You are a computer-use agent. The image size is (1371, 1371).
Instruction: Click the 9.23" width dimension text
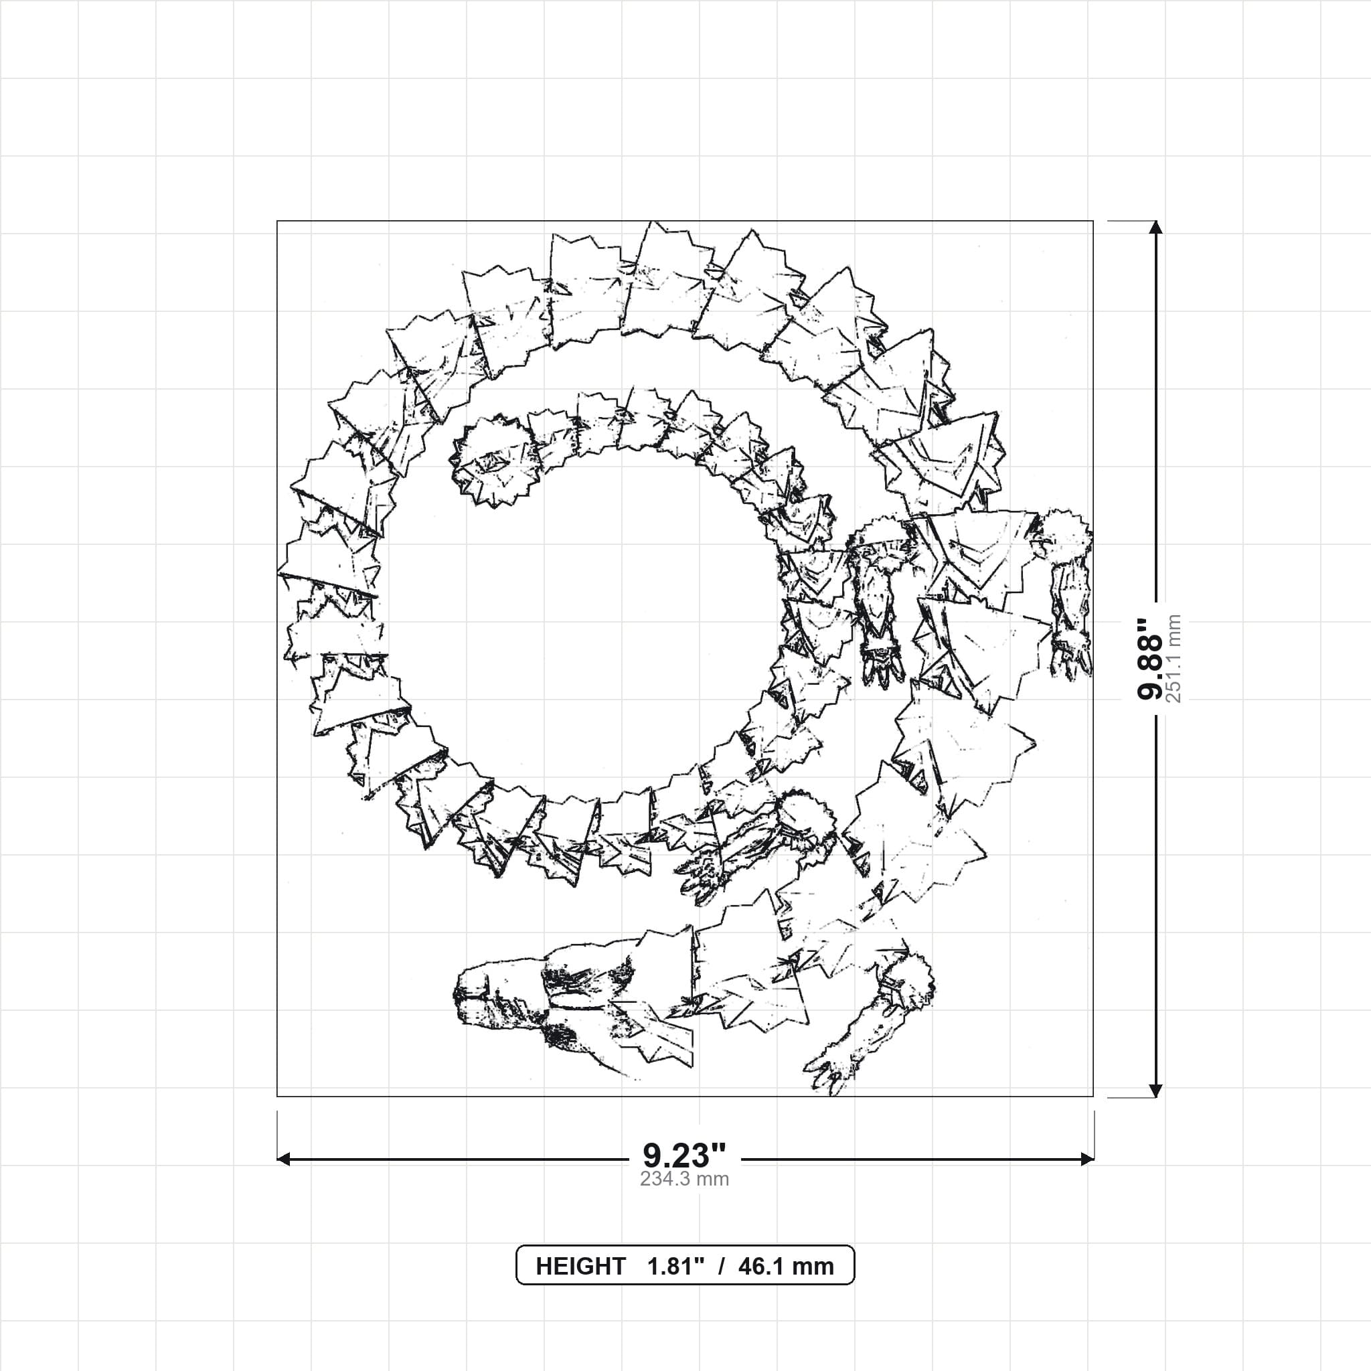[x=684, y=1156]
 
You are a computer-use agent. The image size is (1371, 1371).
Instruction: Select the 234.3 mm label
[x=684, y=1180]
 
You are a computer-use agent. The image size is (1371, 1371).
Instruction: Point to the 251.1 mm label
[x=1174, y=659]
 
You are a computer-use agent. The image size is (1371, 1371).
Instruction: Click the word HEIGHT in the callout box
[x=580, y=1266]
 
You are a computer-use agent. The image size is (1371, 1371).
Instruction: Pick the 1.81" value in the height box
[x=675, y=1266]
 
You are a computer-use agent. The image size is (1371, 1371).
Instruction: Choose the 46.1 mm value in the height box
[x=785, y=1266]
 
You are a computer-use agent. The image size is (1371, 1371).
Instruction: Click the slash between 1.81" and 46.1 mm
[x=721, y=1266]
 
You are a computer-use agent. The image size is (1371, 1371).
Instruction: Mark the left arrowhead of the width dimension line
[x=283, y=1159]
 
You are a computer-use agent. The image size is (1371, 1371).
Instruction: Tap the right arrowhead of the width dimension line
[x=1086, y=1159]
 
